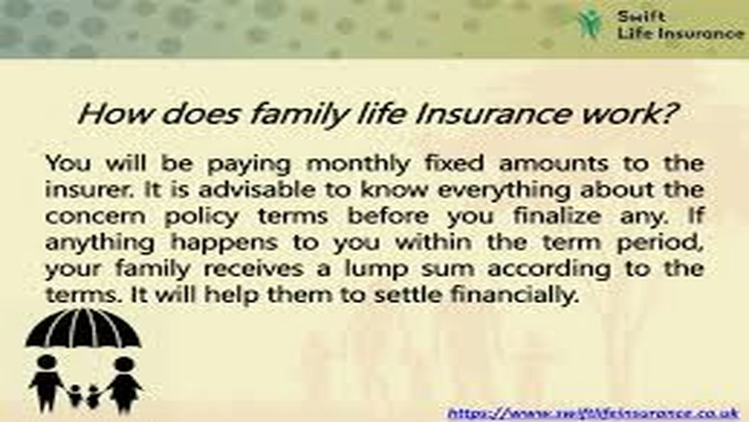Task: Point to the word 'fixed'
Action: (447, 164)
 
